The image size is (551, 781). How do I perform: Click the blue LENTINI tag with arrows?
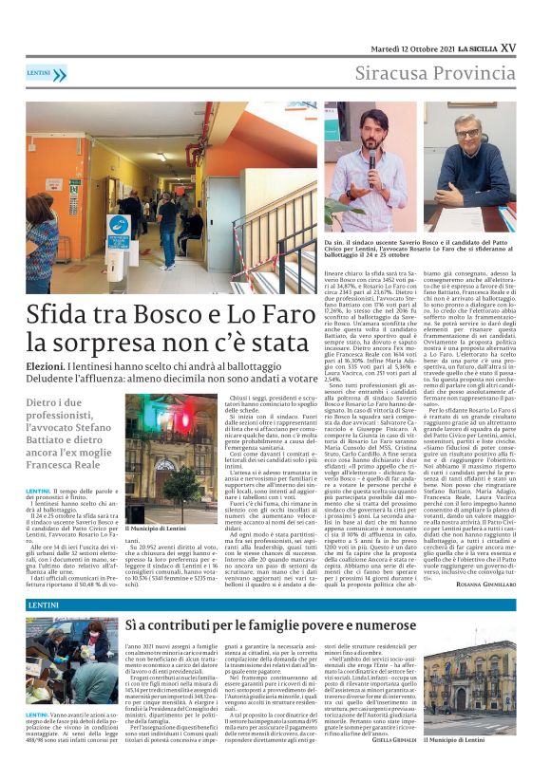click(x=46, y=73)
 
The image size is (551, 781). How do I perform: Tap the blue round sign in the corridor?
click(x=118, y=227)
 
